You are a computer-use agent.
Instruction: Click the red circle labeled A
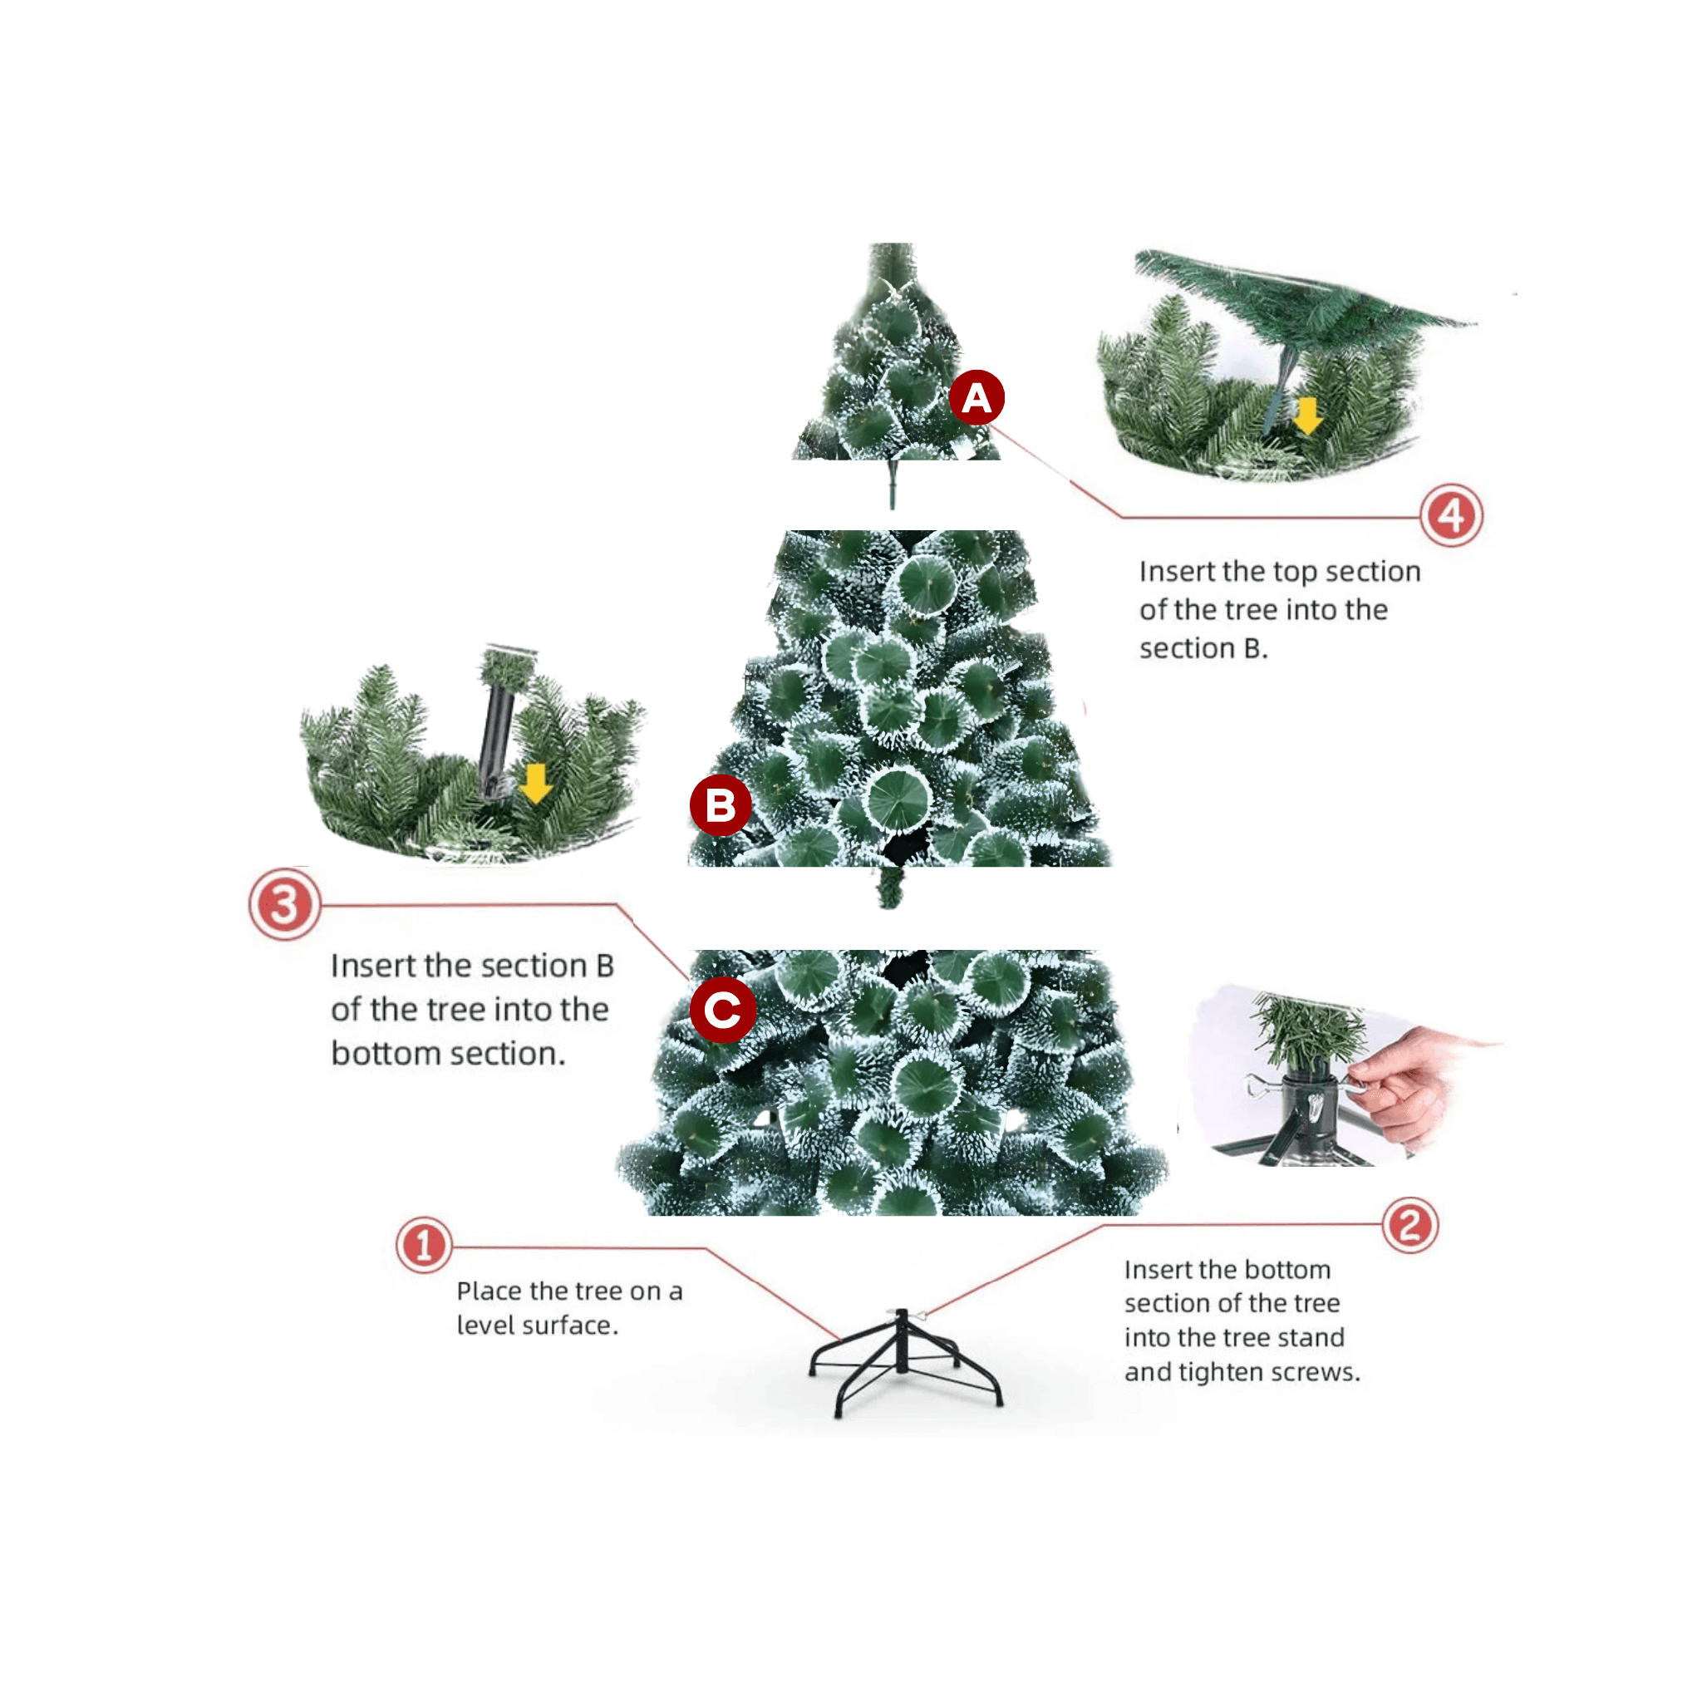pos(976,398)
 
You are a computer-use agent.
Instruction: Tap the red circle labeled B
pos(721,805)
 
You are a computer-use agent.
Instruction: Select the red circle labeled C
pos(722,1010)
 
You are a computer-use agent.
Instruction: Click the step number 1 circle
pos(424,1246)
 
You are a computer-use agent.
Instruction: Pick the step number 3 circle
pos(283,905)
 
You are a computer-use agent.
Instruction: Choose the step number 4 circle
pos(1451,515)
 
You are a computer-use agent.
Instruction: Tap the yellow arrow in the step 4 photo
pos(1307,415)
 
